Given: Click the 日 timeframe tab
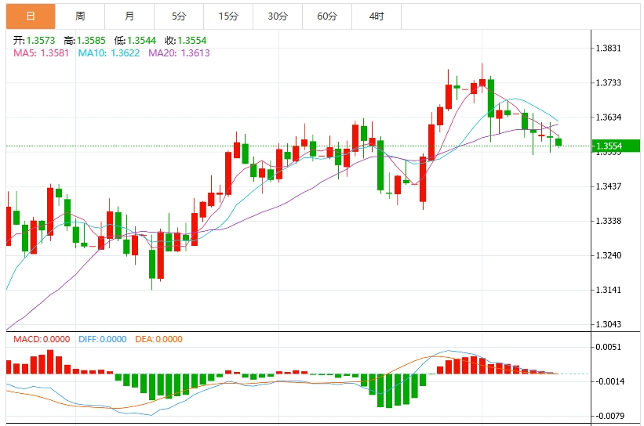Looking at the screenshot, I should tap(30, 16).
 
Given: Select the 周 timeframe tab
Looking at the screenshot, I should tap(80, 16).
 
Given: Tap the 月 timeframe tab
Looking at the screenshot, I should tap(129, 16).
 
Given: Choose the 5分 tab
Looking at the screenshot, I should tap(179, 16).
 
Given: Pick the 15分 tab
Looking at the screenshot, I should tap(228, 16).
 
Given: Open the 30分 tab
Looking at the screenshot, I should tap(278, 16).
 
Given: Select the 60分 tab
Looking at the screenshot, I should tap(327, 16).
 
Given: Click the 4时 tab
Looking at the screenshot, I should tap(377, 16).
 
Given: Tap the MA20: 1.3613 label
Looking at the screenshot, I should tap(180, 53).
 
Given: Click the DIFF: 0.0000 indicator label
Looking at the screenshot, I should tap(102, 339).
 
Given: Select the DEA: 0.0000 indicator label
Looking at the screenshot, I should tap(159, 339).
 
